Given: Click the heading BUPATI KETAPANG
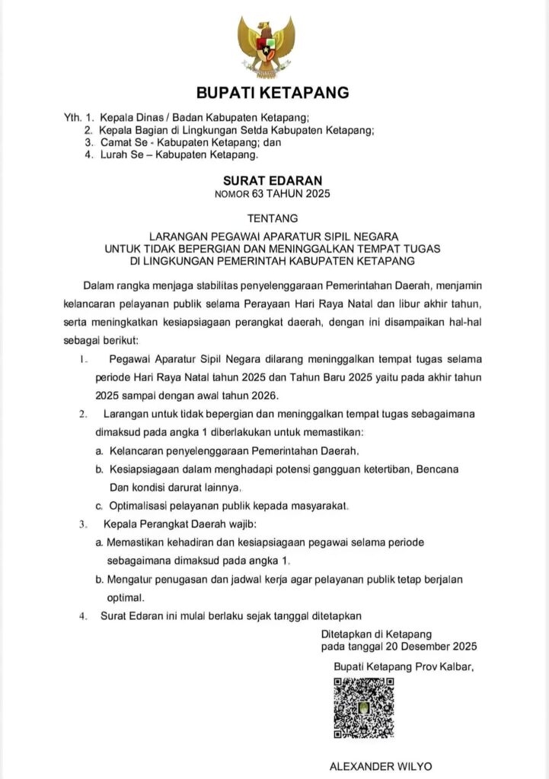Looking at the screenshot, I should tap(273, 94).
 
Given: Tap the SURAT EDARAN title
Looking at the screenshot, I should tap(273, 181).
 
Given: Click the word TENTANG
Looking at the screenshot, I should tap(273, 218).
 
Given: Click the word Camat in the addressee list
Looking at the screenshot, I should tap(117, 142).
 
